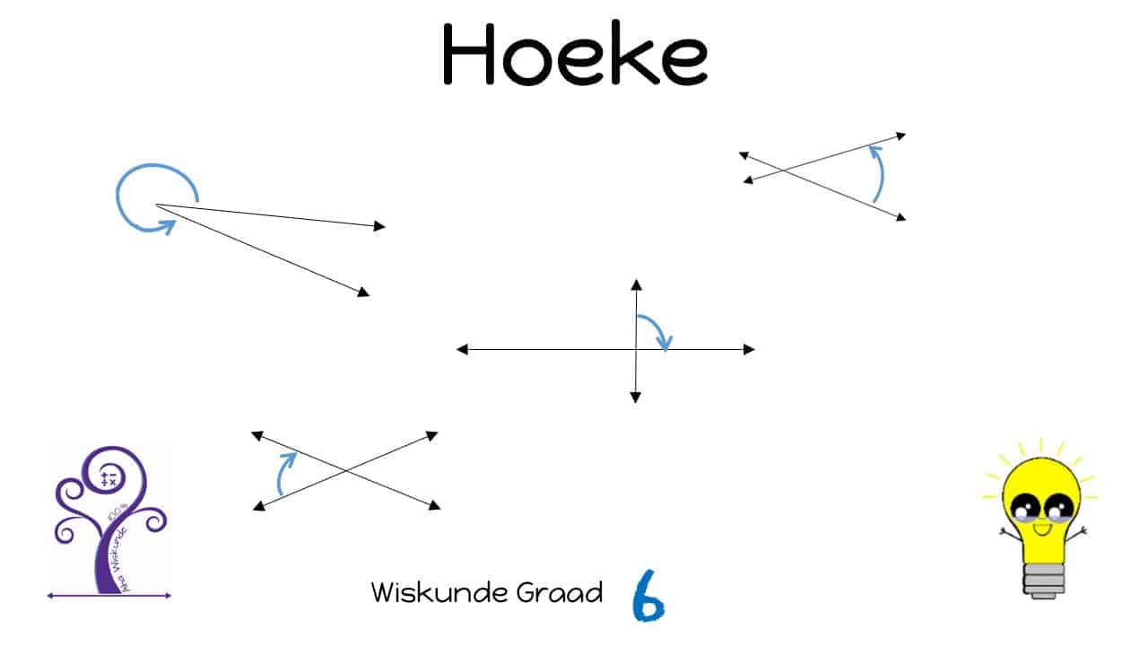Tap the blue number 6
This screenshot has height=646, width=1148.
[648, 595]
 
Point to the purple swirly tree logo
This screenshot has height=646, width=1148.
[109, 516]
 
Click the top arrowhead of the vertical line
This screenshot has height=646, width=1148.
[636, 284]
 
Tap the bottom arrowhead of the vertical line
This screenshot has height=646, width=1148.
[636, 397]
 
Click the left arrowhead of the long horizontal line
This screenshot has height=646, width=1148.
[462, 349]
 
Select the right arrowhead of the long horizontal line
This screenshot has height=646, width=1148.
[749, 349]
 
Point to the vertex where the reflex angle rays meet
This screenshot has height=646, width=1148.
[156, 205]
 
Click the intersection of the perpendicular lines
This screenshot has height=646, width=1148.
[636, 349]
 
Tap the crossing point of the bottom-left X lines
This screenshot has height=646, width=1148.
[345, 471]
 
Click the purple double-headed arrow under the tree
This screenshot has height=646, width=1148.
[109, 595]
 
